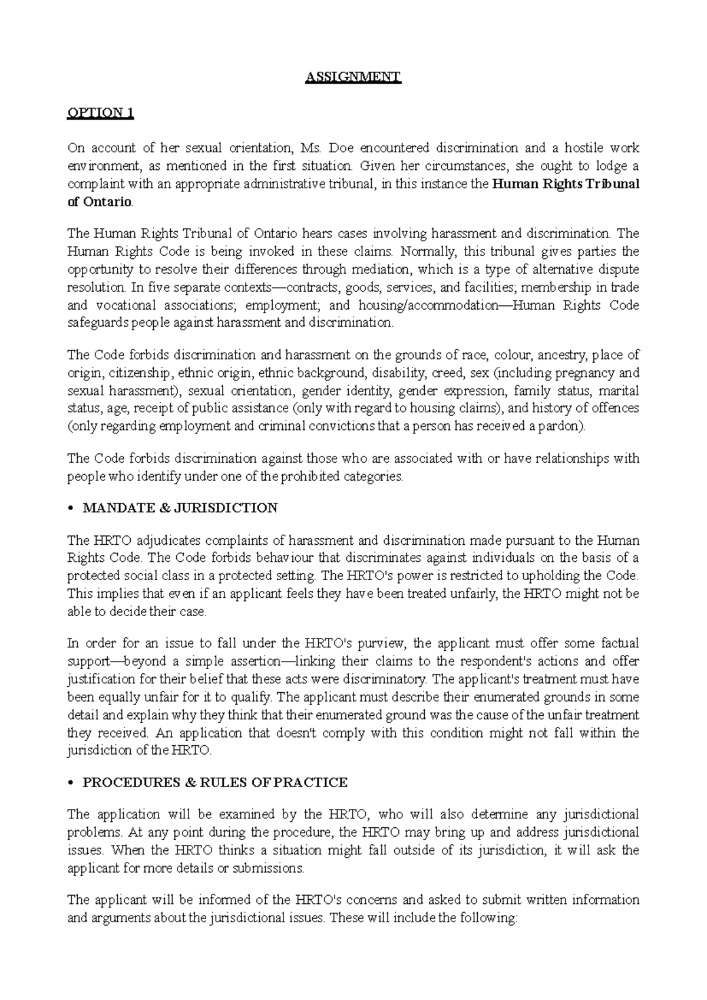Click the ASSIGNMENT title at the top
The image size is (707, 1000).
coord(353,78)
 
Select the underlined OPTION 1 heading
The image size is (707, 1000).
coord(101,113)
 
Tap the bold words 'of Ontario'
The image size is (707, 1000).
coord(100,202)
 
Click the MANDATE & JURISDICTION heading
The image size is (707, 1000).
coord(180,508)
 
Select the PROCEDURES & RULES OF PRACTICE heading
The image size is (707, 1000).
coord(215,782)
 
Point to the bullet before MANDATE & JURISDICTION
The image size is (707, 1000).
coord(71,509)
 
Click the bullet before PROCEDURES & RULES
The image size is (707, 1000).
coord(71,783)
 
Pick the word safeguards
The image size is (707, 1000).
coord(98,323)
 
